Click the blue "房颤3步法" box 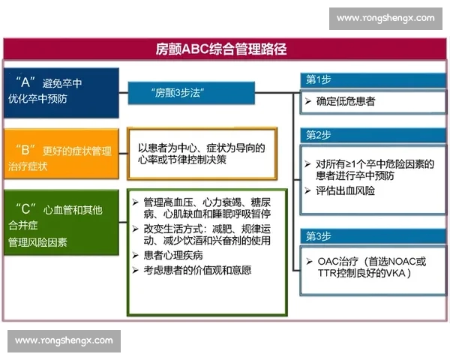tap(179, 93)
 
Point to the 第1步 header tap(318, 79)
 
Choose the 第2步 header tap(318, 135)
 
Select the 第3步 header tap(318, 235)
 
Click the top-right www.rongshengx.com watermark tap(385, 18)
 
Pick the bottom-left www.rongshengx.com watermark tap(64, 341)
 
